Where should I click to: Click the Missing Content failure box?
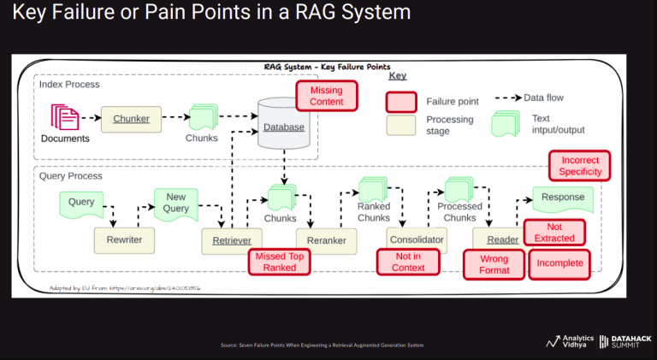coord(327,96)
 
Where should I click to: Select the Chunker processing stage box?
coord(132,119)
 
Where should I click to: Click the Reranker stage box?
coord(326,240)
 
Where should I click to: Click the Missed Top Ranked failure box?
coord(279,262)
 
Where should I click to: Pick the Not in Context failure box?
coord(408,262)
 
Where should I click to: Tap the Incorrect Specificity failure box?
coord(580,166)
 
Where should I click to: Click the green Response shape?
coord(563,198)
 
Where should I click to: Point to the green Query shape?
coord(81,204)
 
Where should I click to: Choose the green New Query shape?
coord(175,203)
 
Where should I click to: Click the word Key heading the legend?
coord(398,75)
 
